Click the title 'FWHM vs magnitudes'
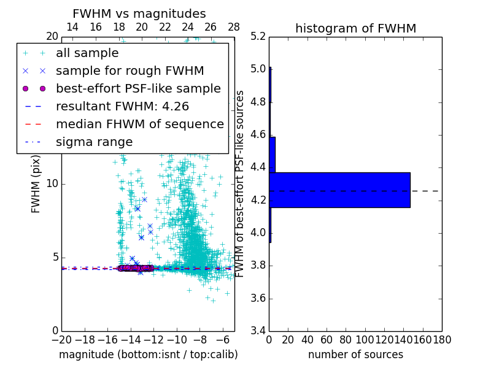pos(139,13)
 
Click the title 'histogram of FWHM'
pos(355,28)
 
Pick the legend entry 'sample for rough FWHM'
pos(130,71)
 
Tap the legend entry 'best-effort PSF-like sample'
pos(138,89)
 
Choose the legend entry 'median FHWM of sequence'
pos(139,125)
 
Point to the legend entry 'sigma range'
pos(94,142)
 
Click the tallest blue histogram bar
pos(339,190)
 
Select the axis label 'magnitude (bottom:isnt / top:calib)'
pos(148,355)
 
